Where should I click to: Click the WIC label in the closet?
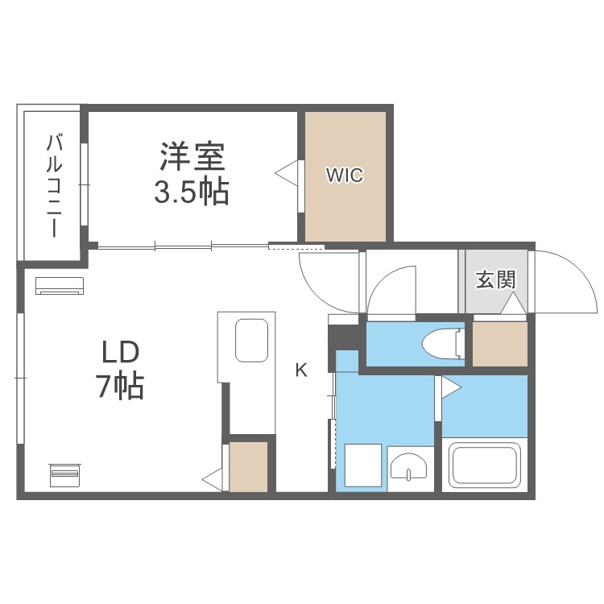(x=345, y=175)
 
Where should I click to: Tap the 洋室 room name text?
(x=192, y=155)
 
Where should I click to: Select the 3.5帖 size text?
(x=192, y=192)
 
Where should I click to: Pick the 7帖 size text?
(x=121, y=387)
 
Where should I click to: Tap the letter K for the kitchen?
(x=301, y=370)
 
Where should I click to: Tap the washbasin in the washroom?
(x=410, y=466)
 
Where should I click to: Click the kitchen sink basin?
(x=251, y=341)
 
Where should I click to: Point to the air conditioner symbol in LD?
(x=59, y=285)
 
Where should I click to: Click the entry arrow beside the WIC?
(x=287, y=172)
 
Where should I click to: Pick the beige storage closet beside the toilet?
(x=499, y=343)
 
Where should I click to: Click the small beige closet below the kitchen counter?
(x=248, y=466)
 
